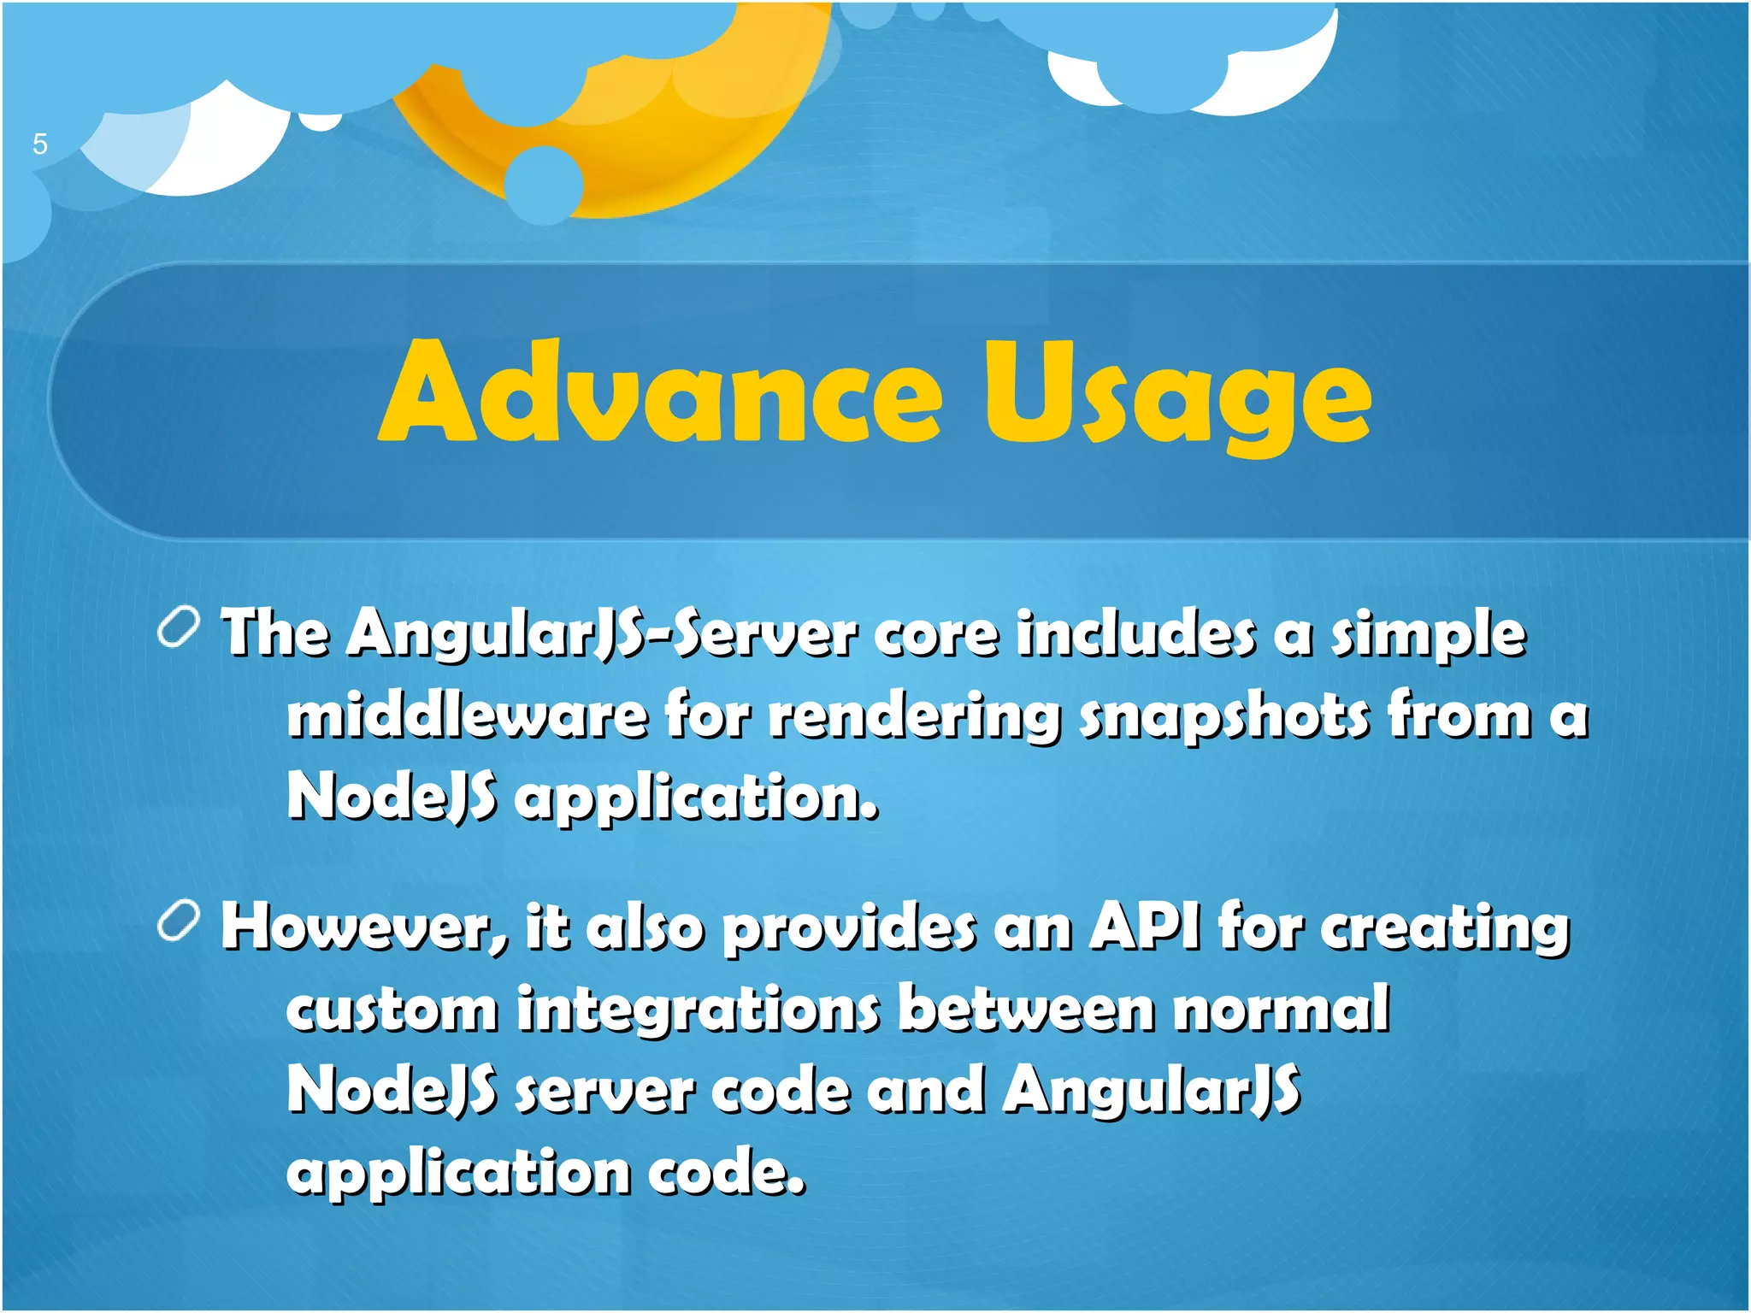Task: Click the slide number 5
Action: [39, 144]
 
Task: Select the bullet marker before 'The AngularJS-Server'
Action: [179, 630]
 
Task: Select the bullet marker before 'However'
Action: [179, 923]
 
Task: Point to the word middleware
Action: [467, 715]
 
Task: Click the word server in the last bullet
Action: [604, 1092]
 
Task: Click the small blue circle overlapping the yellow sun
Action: [544, 185]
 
